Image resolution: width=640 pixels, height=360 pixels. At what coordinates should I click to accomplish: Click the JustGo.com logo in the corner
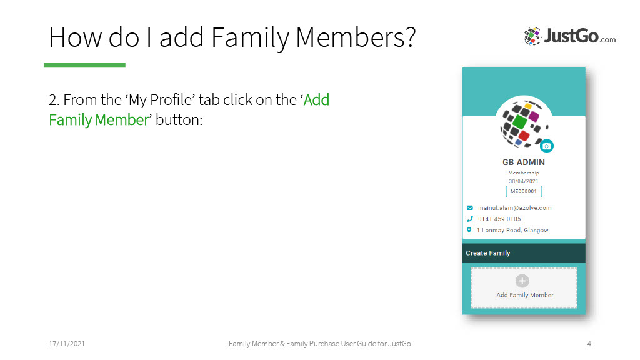click(570, 36)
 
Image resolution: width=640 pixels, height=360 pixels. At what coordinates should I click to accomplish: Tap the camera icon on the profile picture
click(546, 146)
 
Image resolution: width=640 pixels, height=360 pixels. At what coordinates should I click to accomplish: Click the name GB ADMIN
click(524, 162)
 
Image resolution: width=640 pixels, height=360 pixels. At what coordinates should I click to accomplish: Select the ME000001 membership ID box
click(524, 191)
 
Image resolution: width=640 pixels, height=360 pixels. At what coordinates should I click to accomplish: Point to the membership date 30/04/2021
click(524, 181)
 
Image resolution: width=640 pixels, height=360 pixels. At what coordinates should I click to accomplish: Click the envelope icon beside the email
click(470, 207)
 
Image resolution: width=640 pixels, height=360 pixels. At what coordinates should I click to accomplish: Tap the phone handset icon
click(470, 219)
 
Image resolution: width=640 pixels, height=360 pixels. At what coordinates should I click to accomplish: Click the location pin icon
click(469, 230)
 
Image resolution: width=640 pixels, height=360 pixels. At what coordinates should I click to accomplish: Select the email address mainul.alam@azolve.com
click(515, 207)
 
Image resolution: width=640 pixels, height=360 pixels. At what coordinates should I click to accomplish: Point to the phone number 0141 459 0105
click(499, 219)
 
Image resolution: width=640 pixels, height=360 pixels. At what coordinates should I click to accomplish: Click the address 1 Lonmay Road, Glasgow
click(512, 230)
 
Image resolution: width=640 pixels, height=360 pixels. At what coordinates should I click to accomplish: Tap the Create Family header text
click(488, 253)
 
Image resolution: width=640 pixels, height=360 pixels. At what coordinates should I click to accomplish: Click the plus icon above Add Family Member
click(522, 281)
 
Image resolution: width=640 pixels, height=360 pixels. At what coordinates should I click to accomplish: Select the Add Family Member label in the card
click(525, 295)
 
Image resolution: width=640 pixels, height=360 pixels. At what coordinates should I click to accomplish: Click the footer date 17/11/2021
click(67, 344)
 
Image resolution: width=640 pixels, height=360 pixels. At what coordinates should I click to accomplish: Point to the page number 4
click(589, 344)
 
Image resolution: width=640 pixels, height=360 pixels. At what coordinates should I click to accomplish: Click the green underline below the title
click(84, 65)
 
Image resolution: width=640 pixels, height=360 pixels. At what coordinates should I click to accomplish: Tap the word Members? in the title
click(356, 37)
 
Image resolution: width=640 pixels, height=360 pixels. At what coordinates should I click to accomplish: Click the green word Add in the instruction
click(316, 99)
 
